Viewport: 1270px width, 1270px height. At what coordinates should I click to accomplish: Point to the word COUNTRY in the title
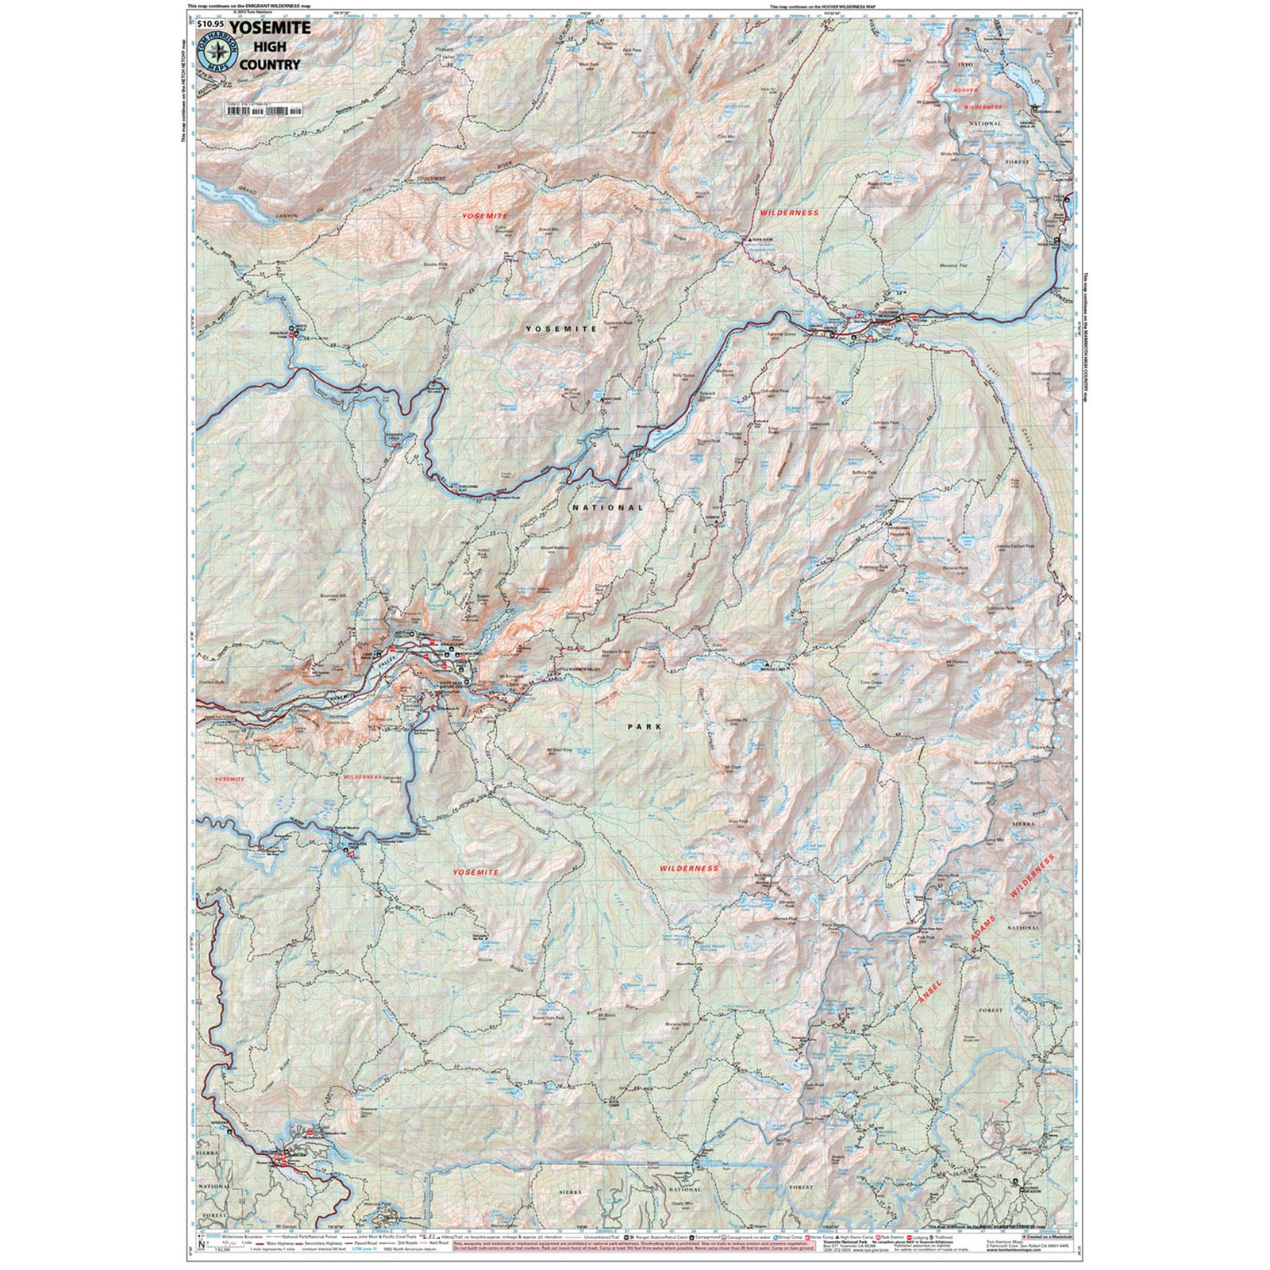(270, 64)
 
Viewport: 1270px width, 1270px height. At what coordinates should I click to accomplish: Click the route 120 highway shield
(1062, 229)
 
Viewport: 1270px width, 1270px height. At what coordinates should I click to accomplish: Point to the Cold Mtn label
(726, 137)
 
